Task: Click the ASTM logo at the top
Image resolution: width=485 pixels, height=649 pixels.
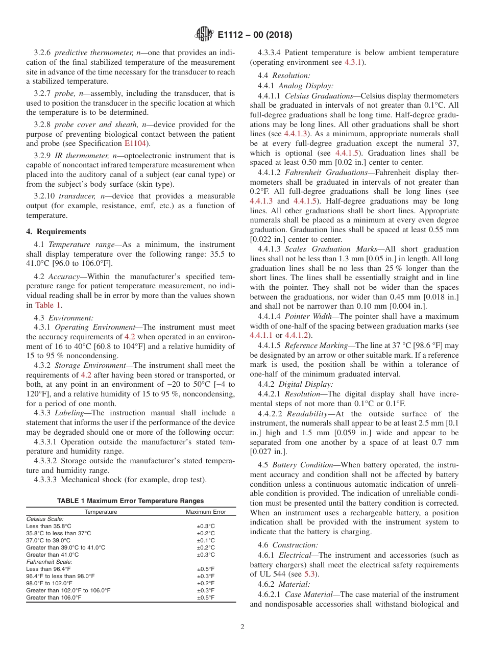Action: tap(204, 35)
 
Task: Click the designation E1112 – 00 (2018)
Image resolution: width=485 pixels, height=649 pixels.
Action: tap(255, 35)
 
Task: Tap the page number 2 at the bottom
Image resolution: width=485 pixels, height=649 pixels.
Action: tap(243, 627)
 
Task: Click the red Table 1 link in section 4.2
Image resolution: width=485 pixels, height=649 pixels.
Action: tap(48, 305)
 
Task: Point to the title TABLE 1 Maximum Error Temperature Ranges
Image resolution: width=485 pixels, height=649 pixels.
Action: tap(130, 501)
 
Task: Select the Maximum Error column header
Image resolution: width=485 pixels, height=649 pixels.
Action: tap(206, 512)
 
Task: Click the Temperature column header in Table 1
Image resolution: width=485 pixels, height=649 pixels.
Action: tap(101, 512)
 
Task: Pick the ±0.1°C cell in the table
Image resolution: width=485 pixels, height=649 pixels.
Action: tap(206, 540)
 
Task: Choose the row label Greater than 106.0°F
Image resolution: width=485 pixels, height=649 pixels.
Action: tap(54, 597)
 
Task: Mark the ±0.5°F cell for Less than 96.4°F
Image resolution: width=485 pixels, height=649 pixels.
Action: tap(206, 569)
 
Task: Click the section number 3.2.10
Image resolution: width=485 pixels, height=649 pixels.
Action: tap(44, 196)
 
